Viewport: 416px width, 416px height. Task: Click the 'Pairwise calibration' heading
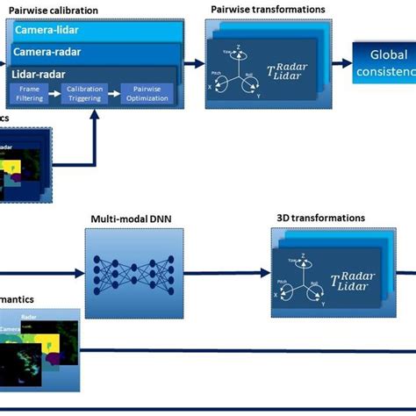click(54, 10)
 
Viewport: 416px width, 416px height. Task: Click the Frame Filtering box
click(29, 94)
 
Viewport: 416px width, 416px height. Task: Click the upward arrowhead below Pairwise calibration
click(95, 121)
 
